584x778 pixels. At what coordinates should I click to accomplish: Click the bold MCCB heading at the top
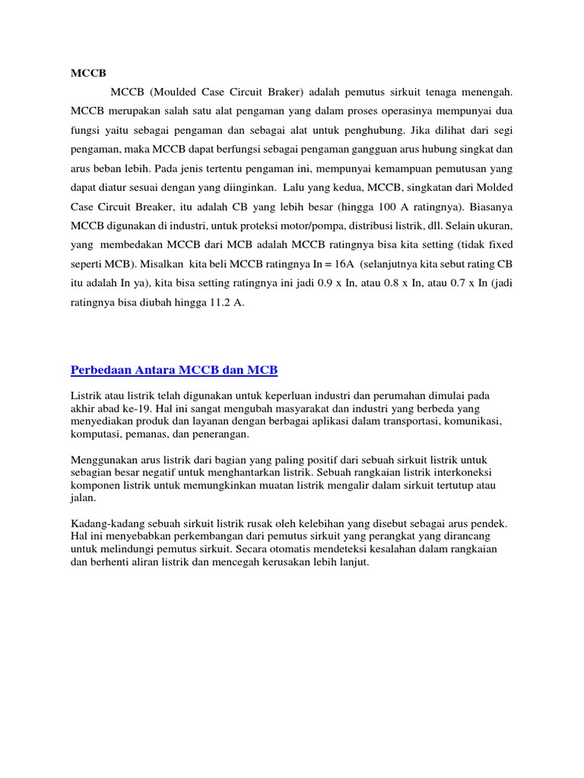click(87, 73)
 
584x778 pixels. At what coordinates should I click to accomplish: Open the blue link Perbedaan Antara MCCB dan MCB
click(174, 370)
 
